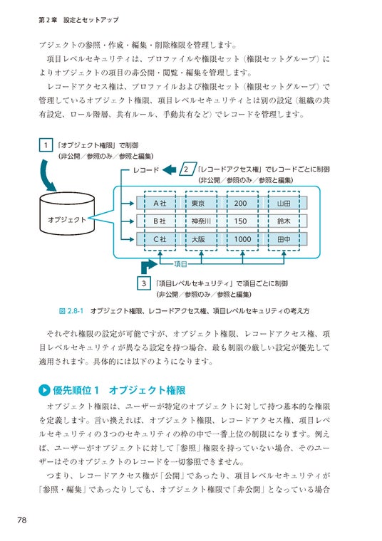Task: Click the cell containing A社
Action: (x=160, y=203)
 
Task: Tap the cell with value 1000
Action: (x=242, y=239)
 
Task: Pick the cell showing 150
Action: (x=242, y=221)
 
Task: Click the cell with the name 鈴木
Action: (x=284, y=221)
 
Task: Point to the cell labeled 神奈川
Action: (x=201, y=221)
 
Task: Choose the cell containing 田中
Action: (x=284, y=239)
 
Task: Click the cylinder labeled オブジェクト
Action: (x=67, y=213)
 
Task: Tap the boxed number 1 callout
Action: (x=46, y=145)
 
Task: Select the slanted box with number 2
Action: (x=187, y=169)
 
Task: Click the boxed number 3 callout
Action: (x=144, y=283)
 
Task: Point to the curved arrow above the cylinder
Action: (x=48, y=175)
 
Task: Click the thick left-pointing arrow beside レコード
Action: (x=169, y=169)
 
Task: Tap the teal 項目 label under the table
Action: (x=180, y=264)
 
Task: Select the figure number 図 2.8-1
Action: (x=71, y=311)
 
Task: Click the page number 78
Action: (x=22, y=520)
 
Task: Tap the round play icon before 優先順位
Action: (x=44, y=390)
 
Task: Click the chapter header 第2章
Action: (x=48, y=20)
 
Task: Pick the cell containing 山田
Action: (x=284, y=203)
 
